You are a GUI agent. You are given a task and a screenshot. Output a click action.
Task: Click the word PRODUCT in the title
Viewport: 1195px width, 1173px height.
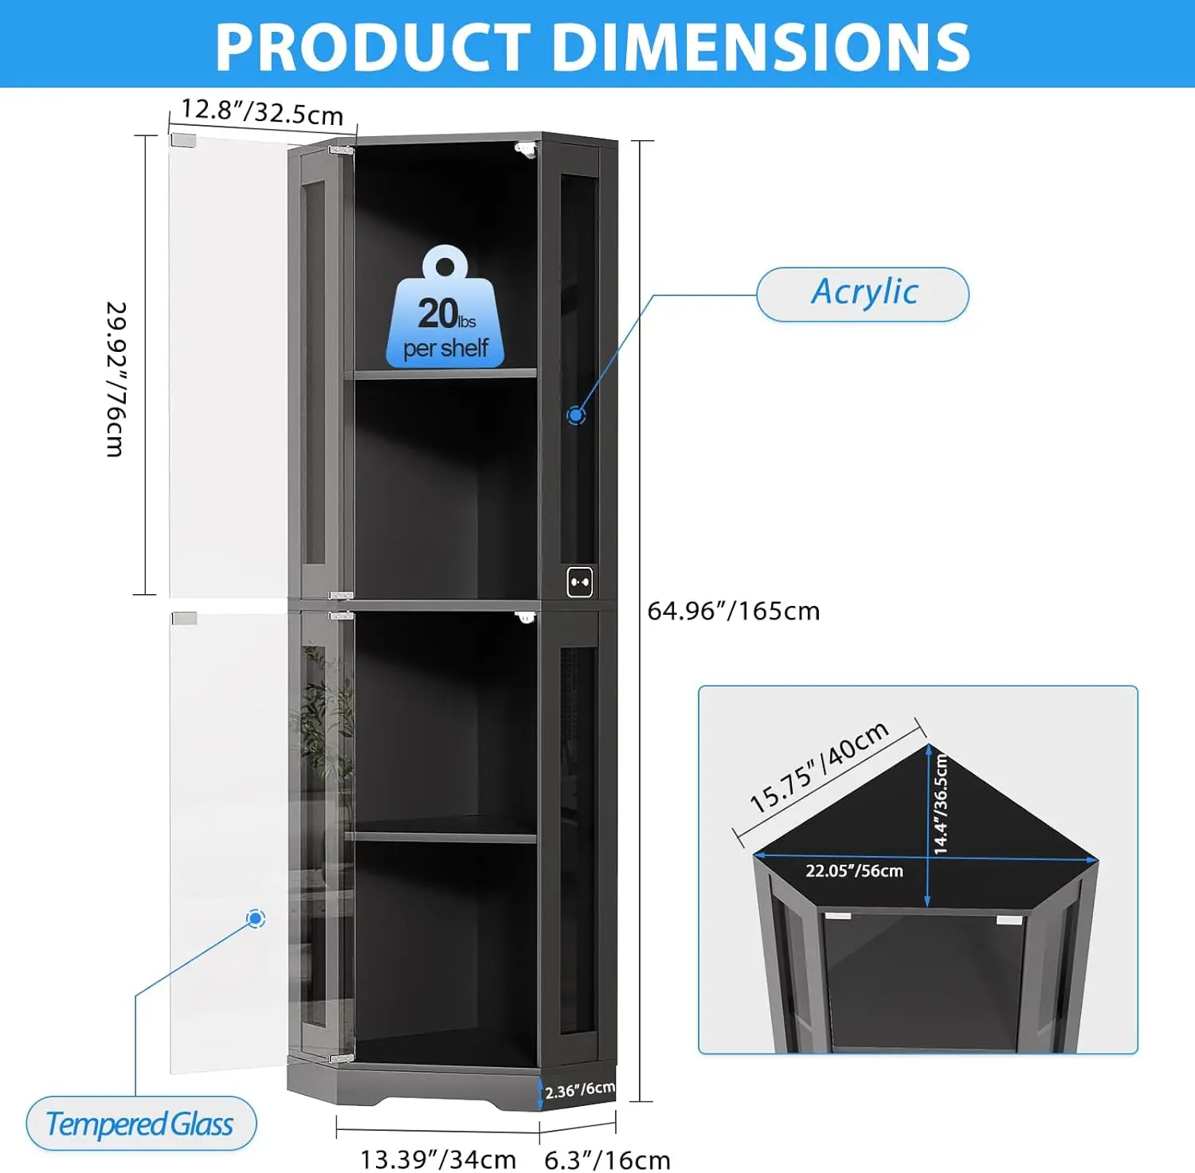373,46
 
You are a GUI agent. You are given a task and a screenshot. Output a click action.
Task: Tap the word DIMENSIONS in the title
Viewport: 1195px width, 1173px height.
761,46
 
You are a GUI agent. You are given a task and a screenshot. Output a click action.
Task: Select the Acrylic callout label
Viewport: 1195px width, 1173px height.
863,294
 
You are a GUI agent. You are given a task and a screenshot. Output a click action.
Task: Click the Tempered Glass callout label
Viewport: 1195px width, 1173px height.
141,1124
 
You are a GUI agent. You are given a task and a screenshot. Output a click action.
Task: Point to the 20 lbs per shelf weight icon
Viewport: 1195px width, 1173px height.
445,308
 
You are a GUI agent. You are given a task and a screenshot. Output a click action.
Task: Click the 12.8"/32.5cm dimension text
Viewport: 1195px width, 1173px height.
262,111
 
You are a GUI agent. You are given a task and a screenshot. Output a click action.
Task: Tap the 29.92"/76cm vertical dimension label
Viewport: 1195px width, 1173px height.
116,379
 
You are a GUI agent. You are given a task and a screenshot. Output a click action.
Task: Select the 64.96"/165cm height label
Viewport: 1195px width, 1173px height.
734,611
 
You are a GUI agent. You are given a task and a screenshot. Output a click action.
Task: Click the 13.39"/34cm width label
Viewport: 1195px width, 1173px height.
438,1159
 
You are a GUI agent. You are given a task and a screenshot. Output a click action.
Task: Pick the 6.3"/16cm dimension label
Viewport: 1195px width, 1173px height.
607,1159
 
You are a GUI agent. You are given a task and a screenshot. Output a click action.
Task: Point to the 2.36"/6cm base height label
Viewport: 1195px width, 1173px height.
580,1089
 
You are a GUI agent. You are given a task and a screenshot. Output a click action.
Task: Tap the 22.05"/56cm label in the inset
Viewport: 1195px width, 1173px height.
854,870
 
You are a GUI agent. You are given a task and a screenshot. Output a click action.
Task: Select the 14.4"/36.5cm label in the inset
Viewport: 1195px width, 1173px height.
941,804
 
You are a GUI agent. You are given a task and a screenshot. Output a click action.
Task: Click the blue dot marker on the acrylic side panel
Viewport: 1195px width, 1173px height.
576,415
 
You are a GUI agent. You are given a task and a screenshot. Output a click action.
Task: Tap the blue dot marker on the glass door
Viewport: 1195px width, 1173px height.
256,919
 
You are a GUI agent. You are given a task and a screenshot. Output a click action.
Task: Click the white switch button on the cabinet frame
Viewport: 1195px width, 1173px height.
580,582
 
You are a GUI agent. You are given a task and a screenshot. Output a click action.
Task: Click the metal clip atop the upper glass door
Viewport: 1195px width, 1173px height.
184,140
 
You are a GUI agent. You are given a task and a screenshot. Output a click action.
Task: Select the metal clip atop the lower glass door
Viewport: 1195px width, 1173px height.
185,618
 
